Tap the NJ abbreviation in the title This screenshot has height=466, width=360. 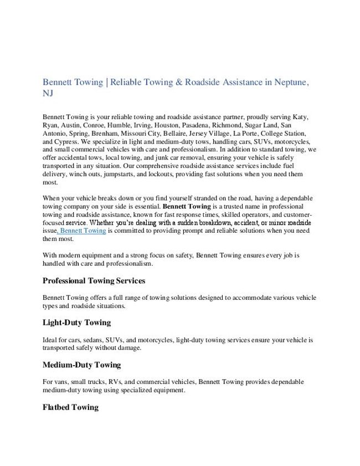pyautogui.click(x=48, y=94)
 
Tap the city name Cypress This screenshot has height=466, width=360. pyautogui.click(x=66, y=141)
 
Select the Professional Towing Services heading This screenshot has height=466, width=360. pyautogui.click(x=94, y=281)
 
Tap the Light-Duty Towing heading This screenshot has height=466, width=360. pyautogui.click(x=76, y=322)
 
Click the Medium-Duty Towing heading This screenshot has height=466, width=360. pyautogui.click(x=81, y=365)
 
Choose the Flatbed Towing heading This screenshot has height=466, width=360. pyautogui.click(x=70, y=407)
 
